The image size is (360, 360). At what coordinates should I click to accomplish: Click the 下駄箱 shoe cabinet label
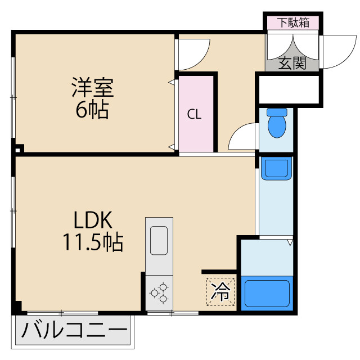[x=292, y=23]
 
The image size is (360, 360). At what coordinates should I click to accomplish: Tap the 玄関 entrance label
[x=292, y=64]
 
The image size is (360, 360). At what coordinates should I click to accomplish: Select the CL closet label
[x=195, y=115]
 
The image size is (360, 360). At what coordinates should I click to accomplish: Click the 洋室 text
[x=93, y=88]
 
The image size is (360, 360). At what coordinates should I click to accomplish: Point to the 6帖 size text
[x=92, y=110]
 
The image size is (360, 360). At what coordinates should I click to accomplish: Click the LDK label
[x=93, y=220]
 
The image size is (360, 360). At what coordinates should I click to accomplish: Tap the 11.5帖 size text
[x=93, y=242]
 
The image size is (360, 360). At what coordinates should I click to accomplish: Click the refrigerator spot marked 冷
[x=221, y=291]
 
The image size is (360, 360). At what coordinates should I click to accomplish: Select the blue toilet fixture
[x=277, y=124]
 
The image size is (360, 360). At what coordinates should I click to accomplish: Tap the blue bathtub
[x=267, y=292]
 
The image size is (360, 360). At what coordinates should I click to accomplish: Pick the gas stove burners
[x=158, y=292]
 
